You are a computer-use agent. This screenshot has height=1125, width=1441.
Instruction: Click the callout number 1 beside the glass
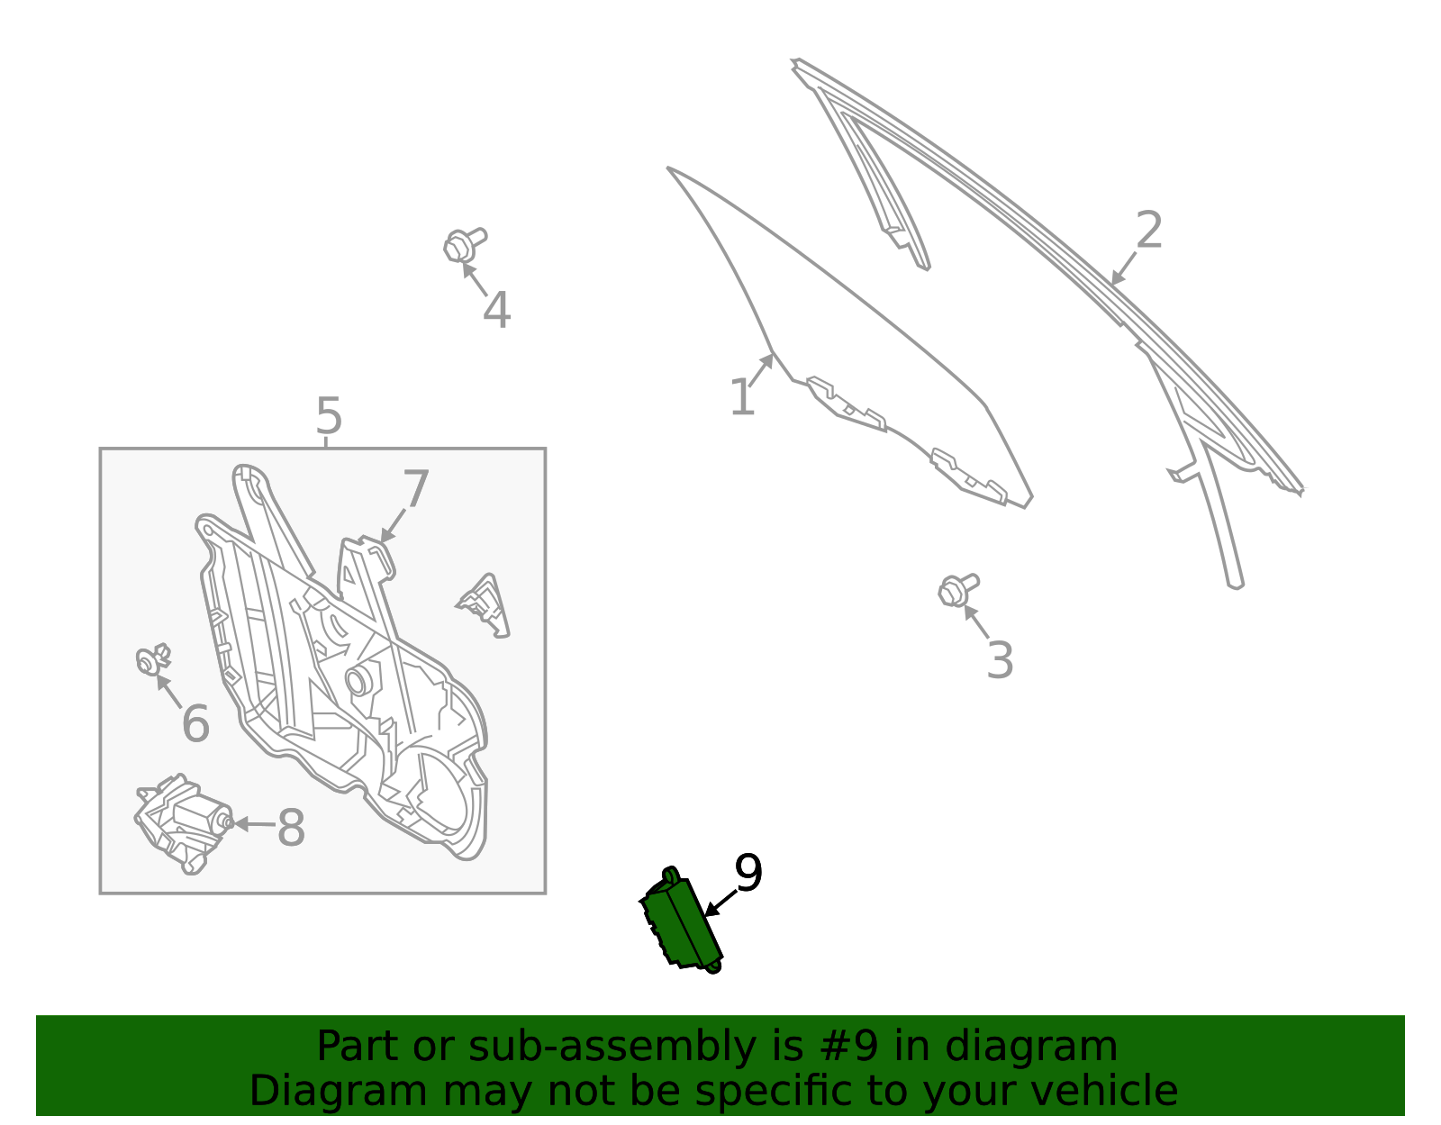741,397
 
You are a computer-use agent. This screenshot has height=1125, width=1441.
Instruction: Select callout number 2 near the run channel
1148,230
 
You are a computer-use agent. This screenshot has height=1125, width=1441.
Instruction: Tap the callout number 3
1000,659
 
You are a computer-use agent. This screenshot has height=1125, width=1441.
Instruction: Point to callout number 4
496,310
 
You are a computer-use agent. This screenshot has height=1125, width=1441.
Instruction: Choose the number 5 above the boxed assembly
329,415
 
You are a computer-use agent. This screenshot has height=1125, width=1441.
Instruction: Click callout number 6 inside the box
195,722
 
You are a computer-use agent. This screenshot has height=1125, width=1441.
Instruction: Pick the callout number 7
416,488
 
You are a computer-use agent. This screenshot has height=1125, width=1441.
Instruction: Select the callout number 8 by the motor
291,828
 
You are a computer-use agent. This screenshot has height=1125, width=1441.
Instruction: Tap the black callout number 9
748,873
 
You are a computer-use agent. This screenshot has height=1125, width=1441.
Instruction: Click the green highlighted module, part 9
681,921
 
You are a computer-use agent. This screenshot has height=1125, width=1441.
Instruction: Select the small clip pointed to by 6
152,659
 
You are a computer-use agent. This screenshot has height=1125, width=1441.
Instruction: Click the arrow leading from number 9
720,903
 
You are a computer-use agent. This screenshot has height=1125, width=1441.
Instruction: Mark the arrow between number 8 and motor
255,824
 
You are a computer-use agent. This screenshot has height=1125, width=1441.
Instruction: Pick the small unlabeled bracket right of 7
485,605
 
